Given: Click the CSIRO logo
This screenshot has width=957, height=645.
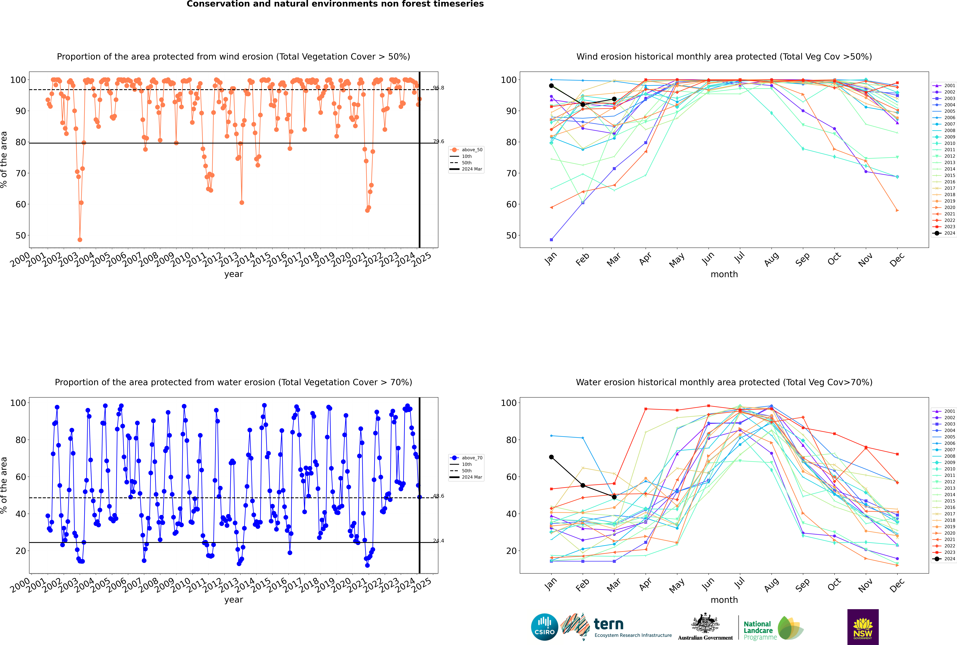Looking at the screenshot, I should [x=544, y=627].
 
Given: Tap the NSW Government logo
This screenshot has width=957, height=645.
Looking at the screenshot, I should [x=863, y=627].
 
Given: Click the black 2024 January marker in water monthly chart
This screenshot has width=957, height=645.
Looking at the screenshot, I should [x=551, y=457].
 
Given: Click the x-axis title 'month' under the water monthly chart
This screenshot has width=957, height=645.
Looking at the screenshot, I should [x=724, y=600].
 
